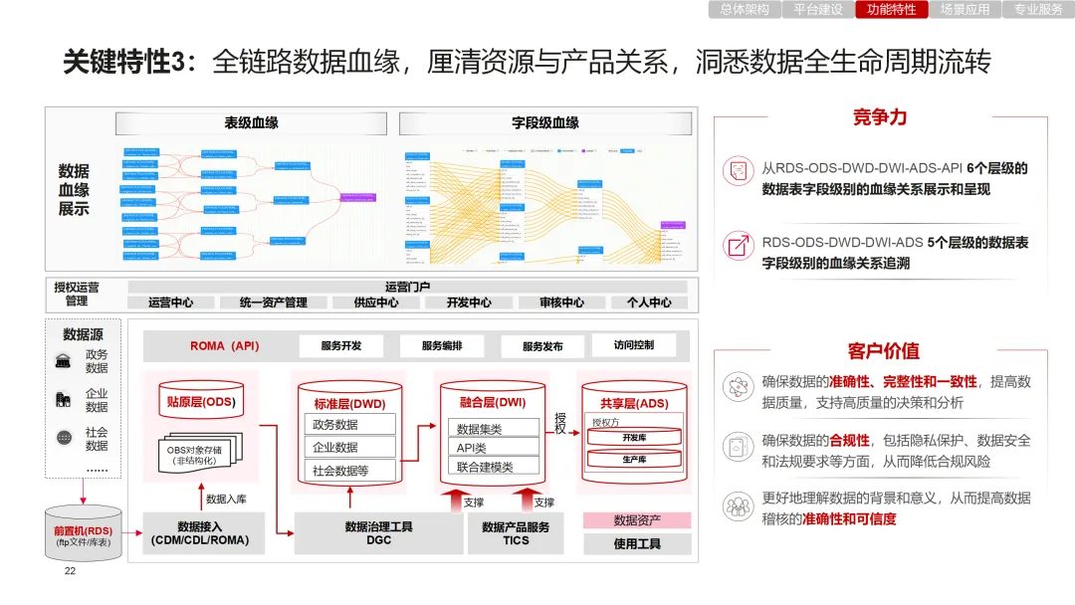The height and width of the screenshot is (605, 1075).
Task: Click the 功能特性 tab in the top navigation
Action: click(x=892, y=10)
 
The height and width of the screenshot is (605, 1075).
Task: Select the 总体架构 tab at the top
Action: click(x=745, y=10)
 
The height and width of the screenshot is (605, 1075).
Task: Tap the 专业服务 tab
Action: click(x=1038, y=10)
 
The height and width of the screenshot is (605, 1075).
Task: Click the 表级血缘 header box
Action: click(x=252, y=123)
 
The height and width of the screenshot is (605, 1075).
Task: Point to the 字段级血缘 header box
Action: click(x=545, y=123)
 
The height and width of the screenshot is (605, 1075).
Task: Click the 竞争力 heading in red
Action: click(x=880, y=117)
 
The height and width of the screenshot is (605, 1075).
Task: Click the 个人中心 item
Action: click(x=649, y=302)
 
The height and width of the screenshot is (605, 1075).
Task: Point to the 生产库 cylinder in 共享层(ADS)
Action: click(x=634, y=460)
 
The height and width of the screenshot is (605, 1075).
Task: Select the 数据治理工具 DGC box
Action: click(x=378, y=533)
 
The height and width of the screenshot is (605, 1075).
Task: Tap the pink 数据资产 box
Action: click(x=637, y=520)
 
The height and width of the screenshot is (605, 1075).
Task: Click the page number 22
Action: click(x=70, y=571)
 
